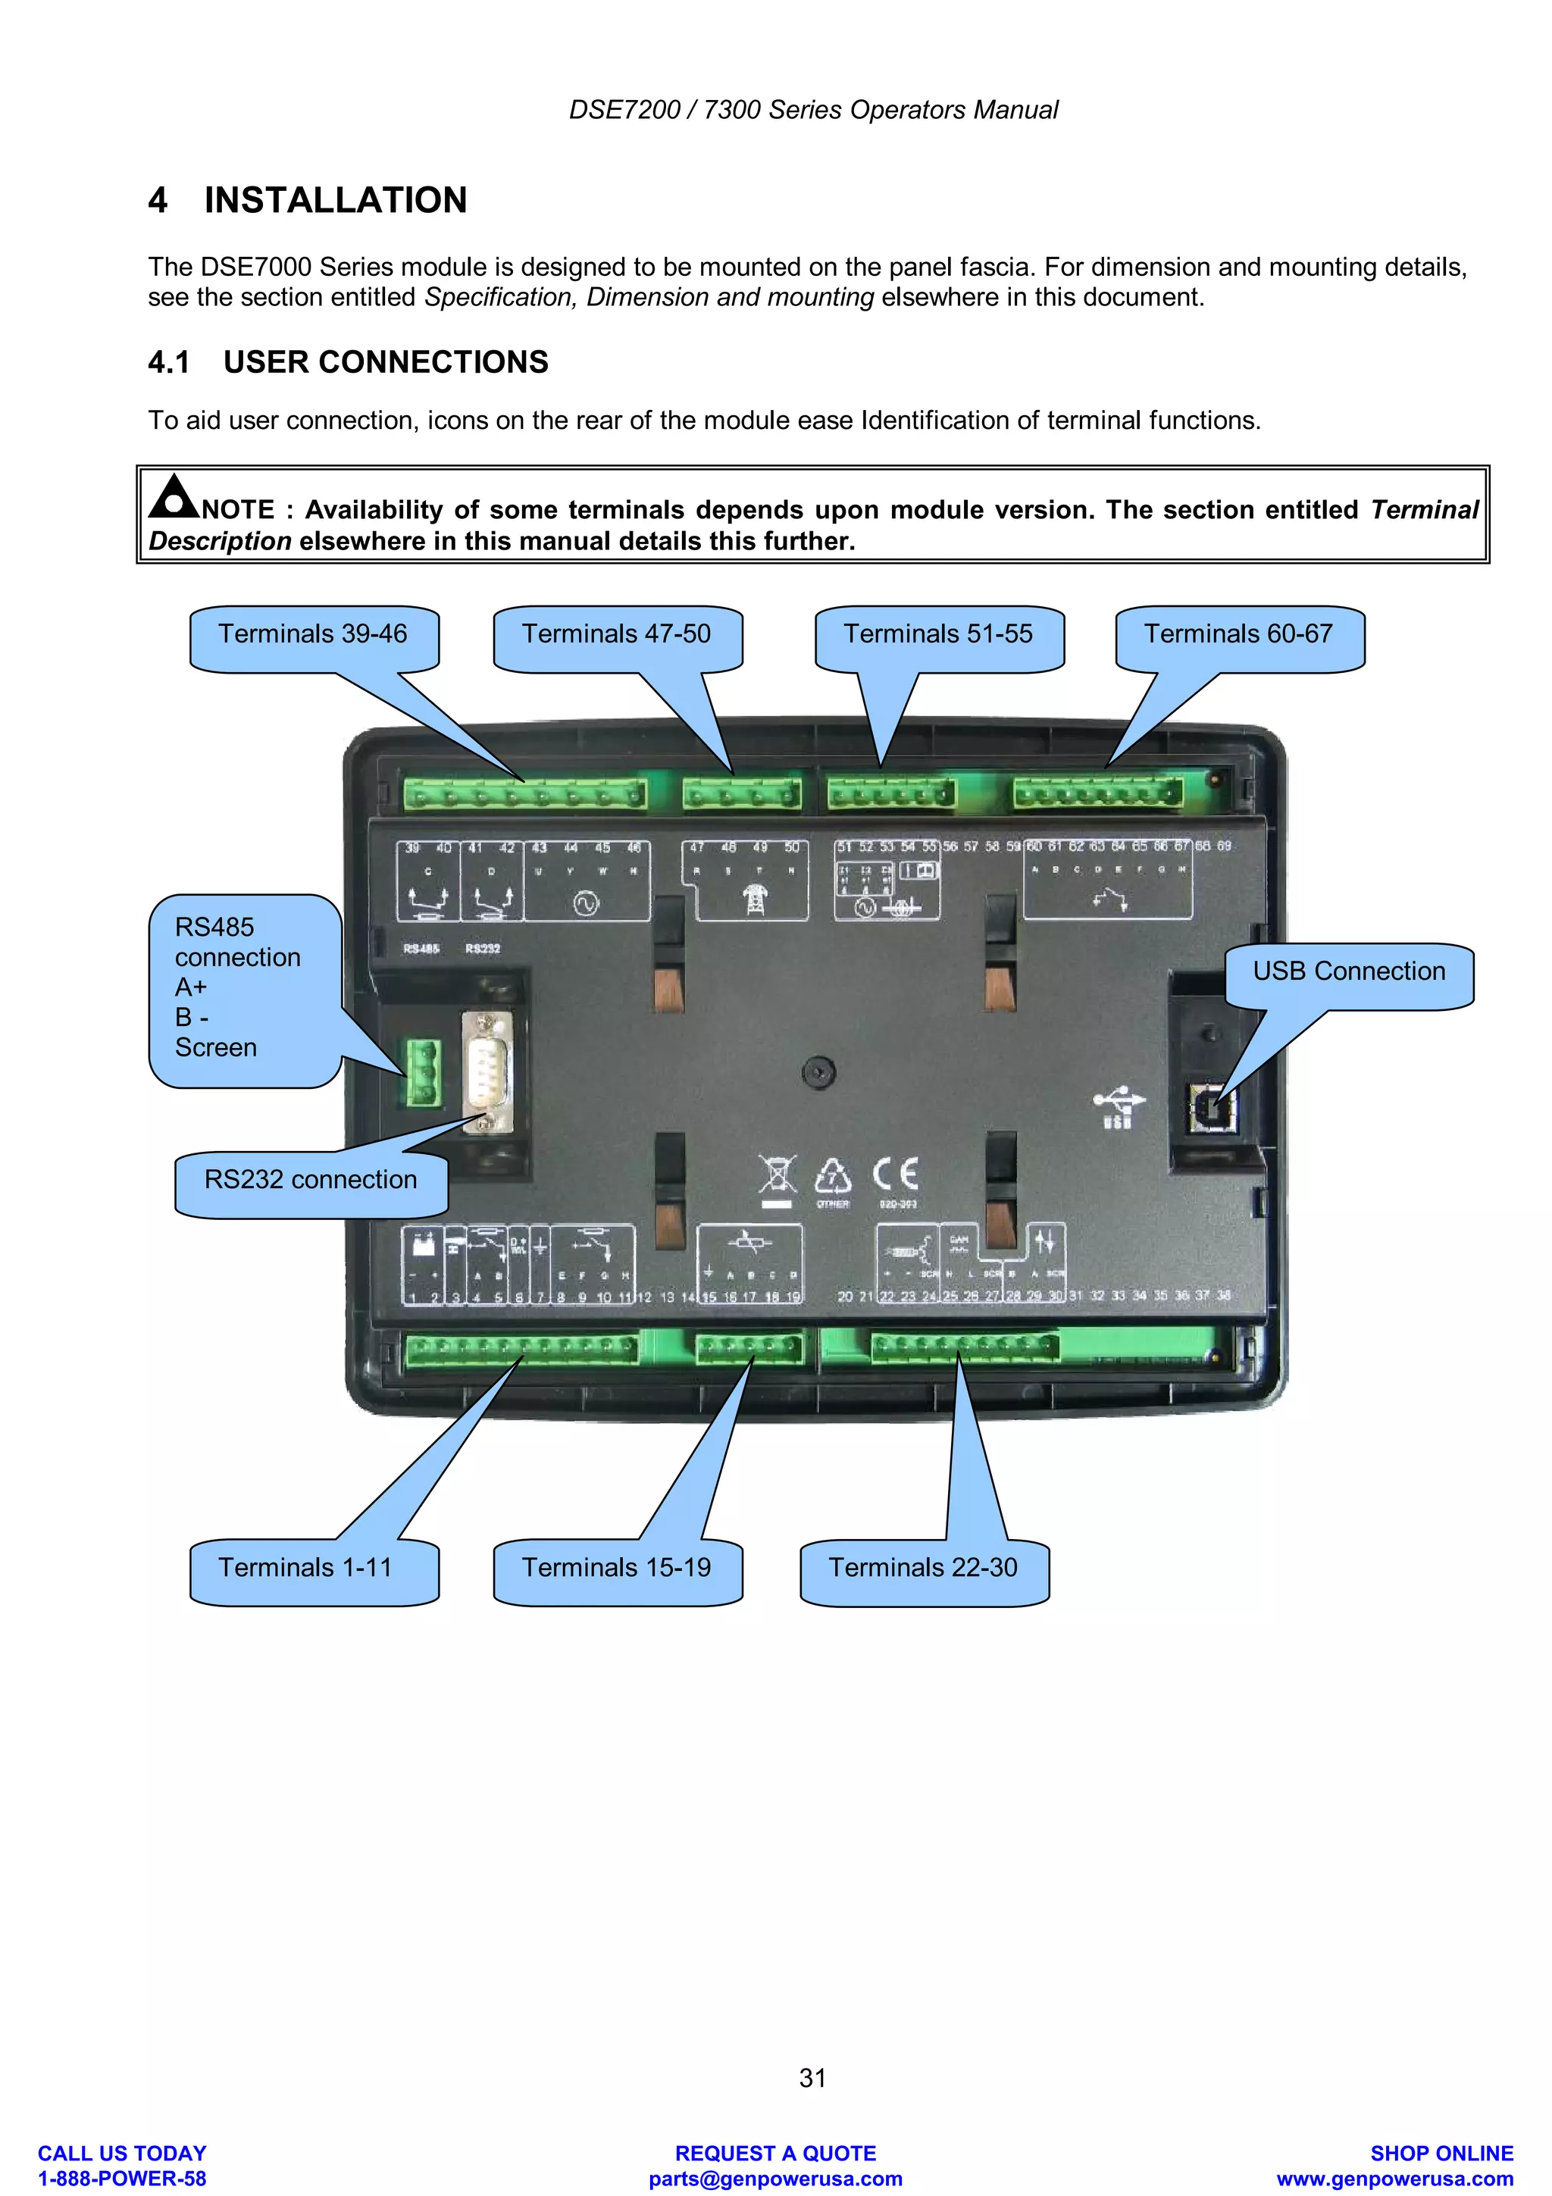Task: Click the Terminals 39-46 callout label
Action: pyautogui.click(x=313, y=634)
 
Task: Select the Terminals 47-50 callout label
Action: pyautogui.click(x=616, y=634)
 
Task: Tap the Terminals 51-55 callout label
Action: pyautogui.click(x=937, y=634)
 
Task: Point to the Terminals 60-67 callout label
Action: pyautogui.click(x=1238, y=634)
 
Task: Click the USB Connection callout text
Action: pyautogui.click(x=1348, y=971)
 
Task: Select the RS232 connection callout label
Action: pyautogui.click(x=310, y=1181)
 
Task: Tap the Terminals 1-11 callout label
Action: pyautogui.click(x=305, y=1568)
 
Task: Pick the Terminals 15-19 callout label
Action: pyautogui.click(x=616, y=1568)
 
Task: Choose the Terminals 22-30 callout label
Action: pyautogui.click(x=923, y=1568)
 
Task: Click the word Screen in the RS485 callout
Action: pyautogui.click(x=216, y=1048)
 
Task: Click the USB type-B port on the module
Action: pyautogui.click(x=1211, y=1109)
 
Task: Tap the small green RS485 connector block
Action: pyautogui.click(x=424, y=1073)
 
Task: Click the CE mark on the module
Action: pyautogui.click(x=896, y=1174)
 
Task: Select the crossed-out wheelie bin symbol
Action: pyautogui.click(x=778, y=1176)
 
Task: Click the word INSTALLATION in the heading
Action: pyautogui.click(x=336, y=201)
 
